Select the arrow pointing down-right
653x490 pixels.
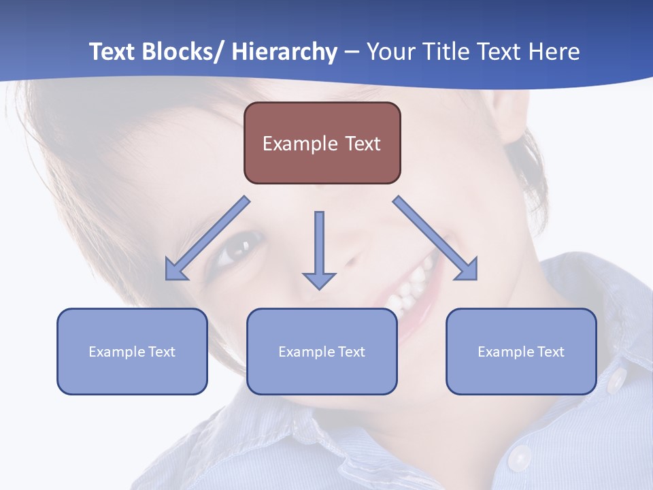435,239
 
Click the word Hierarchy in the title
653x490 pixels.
284,52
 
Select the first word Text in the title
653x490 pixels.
113,52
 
